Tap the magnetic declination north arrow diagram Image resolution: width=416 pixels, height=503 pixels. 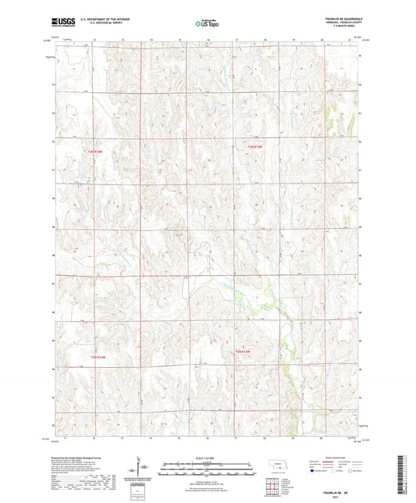coord(142,469)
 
